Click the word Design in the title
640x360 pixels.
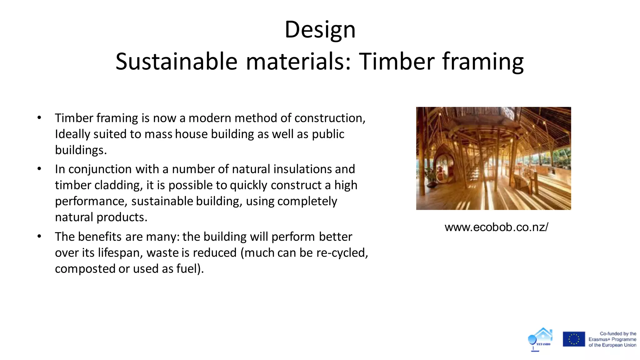[x=320, y=30]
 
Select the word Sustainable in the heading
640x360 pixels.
[x=177, y=61]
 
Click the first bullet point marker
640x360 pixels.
[x=39, y=118]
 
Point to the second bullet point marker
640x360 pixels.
[x=39, y=169]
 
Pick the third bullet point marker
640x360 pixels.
[x=39, y=237]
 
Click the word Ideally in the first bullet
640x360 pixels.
[x=72, y=134]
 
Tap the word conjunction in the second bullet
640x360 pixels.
[x=100, y=169]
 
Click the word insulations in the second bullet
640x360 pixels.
[x=302, y=169]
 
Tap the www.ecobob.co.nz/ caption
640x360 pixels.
[x=496, y=227]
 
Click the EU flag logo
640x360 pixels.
[x=574, y=339]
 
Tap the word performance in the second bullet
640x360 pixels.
[x=91, y=202]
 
